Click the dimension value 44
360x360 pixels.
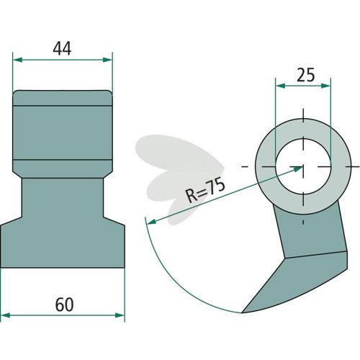(62, 48)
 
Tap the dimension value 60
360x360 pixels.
(64, 305)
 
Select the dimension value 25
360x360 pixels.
(305, 75)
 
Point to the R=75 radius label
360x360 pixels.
(206, 190)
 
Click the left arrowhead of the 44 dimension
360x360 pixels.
(17, 60)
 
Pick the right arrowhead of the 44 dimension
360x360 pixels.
(107, 60)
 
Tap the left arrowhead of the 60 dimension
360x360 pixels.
(5, 315)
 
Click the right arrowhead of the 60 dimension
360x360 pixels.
(120, 315)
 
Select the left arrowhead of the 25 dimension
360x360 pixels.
(280, 86)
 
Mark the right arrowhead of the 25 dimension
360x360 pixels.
(325, 86)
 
